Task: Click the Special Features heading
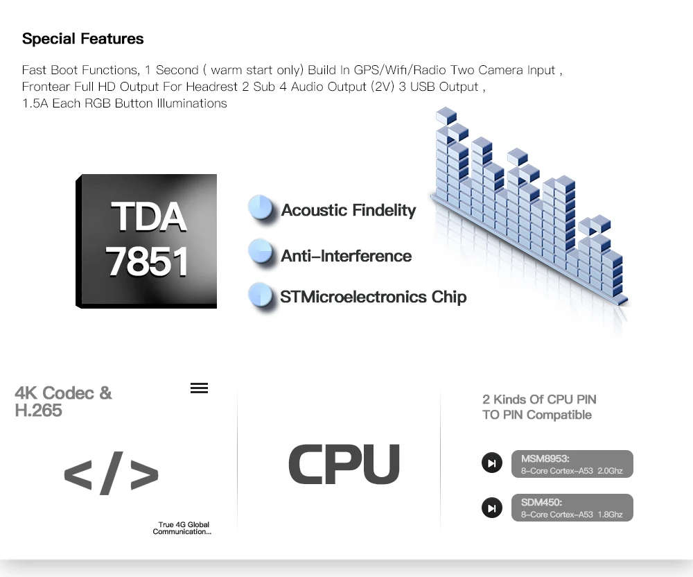tap(82, 39)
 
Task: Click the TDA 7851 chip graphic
tap(146, 241)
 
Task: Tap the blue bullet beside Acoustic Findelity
tap(261, 209)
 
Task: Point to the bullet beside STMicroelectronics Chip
tap(261, 295)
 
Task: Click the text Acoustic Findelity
tap(348, 210)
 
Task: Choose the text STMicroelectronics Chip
tap(373, 297)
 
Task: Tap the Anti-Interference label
tap(346, 256)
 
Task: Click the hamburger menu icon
tap(199, 388)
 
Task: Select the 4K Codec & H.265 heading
tap(62, 402)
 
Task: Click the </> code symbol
tap(111, 474)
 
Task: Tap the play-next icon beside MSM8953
tap(492, 463)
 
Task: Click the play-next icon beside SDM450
tap(492, 508)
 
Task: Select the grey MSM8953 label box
tap(572, 464)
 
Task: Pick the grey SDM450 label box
tap(572, 508)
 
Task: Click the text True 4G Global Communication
tap(183, 528)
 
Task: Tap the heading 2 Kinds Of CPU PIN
tap(539, 399)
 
